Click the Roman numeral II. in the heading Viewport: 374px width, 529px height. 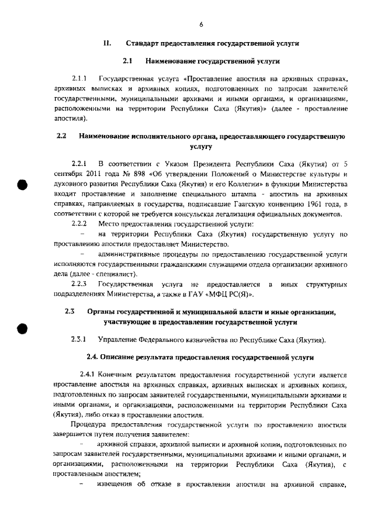(107, 44)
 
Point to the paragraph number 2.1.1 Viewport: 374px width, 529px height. (79, 78)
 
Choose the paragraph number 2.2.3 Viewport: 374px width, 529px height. (79, 283)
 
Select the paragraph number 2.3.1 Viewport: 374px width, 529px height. (79, 340)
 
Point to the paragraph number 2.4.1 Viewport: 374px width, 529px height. (88, 374)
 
